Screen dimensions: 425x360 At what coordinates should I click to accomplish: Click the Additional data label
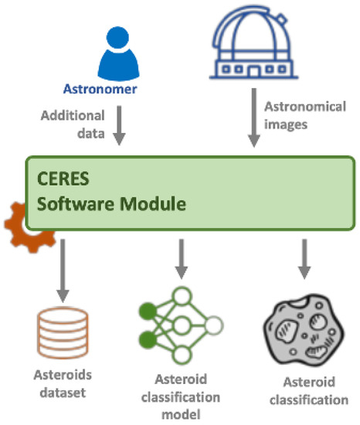(x=74, y=123)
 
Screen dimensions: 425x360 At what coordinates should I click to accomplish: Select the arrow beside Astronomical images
(x=252, y=119)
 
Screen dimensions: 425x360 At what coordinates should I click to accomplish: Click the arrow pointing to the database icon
(x=63, y=271)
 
